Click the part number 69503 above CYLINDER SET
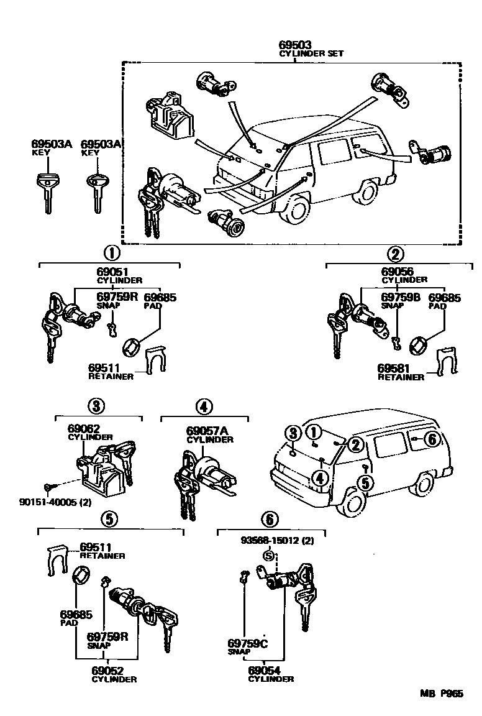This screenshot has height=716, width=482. pyautogui.click(x=295, y=45)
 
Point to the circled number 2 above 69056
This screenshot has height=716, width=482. pyautogui.click(x=395, y=254)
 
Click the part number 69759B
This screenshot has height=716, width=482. pyautogui.click(x=400, y=298)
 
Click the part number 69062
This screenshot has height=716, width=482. pyautogui.click(x=84, y=428)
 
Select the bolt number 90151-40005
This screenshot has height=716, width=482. pyautogui.click(x=49, y=502)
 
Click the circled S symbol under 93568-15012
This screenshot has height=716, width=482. pyautogui.click(x=270, y=556)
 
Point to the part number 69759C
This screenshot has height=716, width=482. pyautogui.click(x=247, y=643)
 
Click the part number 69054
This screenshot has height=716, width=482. pyautogui.click(x=264, y=671)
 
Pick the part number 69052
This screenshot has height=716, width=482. pyautogui.click(x=107, y=671)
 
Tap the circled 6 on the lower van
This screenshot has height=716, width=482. pyautogui.click(x=432, y=439)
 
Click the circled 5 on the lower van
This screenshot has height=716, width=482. pyautogui.click(x=365, y=483)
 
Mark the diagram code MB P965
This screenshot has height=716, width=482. pyautogui.click(x=442, y=694)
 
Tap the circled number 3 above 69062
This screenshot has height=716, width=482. pyautogui.click(x=96, y=405)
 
